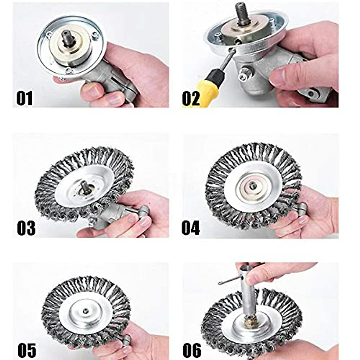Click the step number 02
click(191, 98)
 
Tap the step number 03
click(26, 228)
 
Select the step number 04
click(191, 228)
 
